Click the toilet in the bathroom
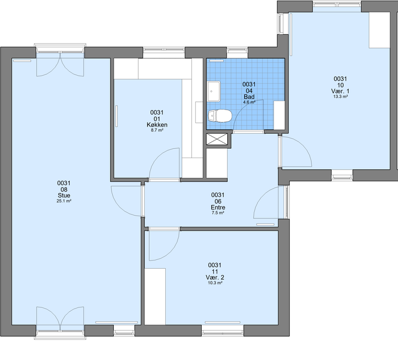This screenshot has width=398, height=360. [220, 116]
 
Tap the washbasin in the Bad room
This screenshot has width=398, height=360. [214, 91]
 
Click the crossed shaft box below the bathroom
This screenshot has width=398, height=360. [217, 139]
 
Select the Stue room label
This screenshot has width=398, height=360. [64, 196]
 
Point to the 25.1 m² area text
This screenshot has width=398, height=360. [64, 201]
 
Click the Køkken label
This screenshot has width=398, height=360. [157, 124]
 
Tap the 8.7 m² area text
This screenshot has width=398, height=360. [157, 130]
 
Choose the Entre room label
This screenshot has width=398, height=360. [218, 207]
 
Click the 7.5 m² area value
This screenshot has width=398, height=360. [218, 213]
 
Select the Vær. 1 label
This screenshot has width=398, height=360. [340, 91]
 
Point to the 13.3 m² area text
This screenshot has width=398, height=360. [340, 96]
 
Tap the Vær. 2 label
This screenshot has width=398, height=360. [214, 277]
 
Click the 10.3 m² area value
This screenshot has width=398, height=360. [214, 283]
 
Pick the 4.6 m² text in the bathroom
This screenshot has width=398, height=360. [249, 102]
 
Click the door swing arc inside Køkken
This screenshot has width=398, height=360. [158, 155]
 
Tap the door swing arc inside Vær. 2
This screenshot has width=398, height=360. [171, 252]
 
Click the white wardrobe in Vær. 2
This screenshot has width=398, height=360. [155, 296]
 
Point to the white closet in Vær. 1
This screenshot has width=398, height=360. [379, 30]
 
